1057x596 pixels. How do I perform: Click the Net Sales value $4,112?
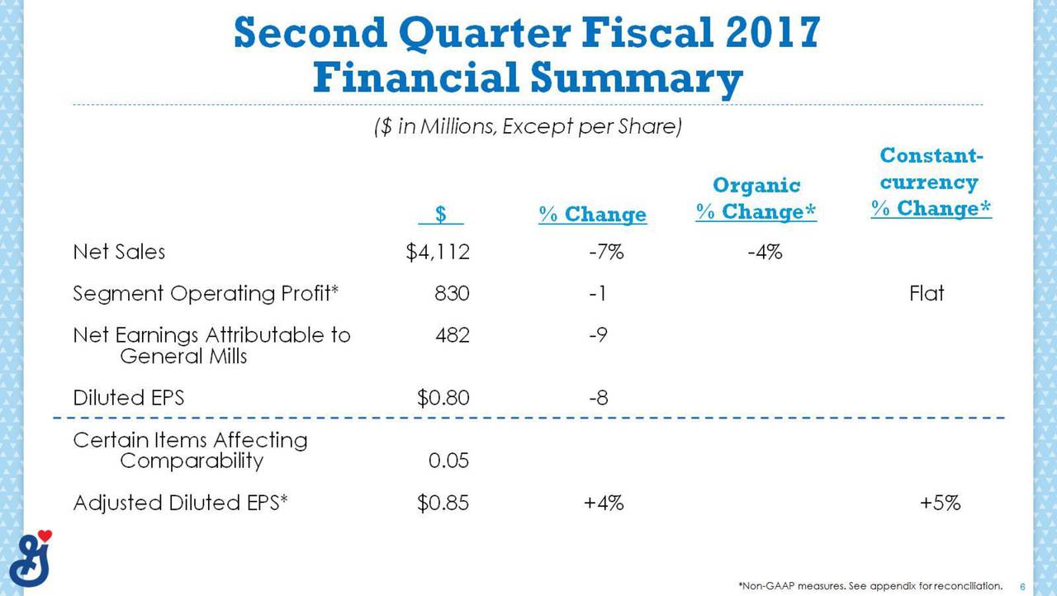438,252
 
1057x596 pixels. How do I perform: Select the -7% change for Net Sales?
606,252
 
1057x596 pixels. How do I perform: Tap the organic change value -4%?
765,252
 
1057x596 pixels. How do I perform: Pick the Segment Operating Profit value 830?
452,293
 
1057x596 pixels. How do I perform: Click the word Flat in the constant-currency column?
927,293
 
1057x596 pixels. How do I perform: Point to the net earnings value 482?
453,335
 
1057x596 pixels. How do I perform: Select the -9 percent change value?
598,335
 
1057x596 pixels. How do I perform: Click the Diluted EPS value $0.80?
443,398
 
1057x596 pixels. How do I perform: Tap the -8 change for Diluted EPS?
599,398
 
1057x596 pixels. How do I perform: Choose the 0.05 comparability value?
448,460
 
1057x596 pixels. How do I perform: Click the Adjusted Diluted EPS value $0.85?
443,503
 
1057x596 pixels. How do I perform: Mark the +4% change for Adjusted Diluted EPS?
604,503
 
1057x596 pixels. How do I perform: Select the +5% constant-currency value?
940,503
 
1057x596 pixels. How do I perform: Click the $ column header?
441,214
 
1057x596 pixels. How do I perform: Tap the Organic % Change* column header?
756,198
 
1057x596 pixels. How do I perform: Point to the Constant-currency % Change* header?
931,182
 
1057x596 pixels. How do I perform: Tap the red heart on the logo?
45,536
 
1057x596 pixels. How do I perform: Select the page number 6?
1022,587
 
